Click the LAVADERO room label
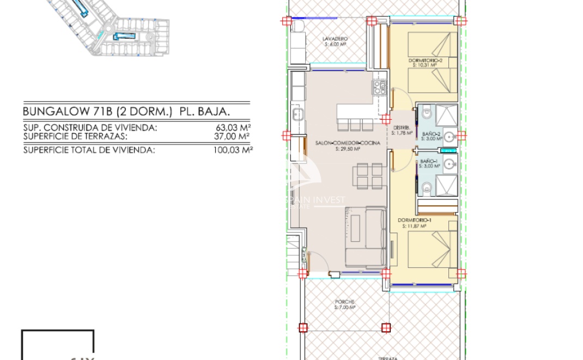point(335,39)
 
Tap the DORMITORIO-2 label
point(425,59)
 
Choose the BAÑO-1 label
point(429,162)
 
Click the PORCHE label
point(345,302)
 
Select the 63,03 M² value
point(233,128)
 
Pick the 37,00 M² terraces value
point(233,136)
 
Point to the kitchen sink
point(297,114)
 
